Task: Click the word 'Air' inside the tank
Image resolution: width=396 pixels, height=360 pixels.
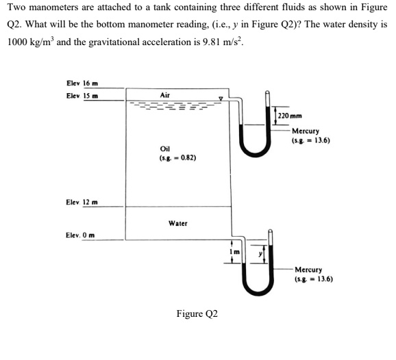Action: pyautogui.click(x=164, y=94)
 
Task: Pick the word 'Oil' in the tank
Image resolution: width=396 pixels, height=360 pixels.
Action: pyautogui.click(x=164, y=148)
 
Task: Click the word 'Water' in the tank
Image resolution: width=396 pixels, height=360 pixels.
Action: pyautogui.click(x=177, y=223)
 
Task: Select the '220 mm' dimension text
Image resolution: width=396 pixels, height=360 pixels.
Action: pyautogui.click(x=291, y=115)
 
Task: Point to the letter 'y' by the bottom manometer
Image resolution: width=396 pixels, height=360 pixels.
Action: pyautogui.click(x=260, y=255)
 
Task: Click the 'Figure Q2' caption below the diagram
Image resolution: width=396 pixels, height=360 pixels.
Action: pyautogui.click(x=197, y=313)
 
